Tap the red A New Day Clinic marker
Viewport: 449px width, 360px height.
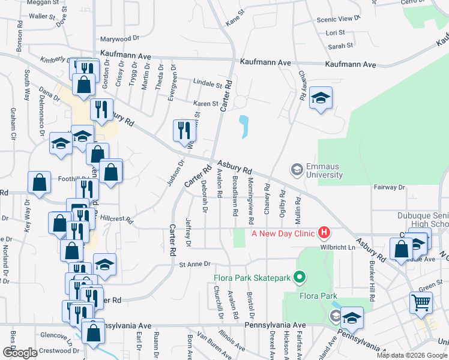pyautogui.click(x=324, y=232)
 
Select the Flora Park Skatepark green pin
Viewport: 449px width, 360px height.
pyautogui.click(x=301, y=277)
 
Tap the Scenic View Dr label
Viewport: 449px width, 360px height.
pyautogui.click(x=338, y=19)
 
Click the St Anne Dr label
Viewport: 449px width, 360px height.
pyautogui.click(x=195, y=264)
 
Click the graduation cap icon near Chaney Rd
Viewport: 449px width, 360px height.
pyautogui.click(x=321, y=98)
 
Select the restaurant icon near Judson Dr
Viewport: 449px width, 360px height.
pyautogui.click(x=184, y=131)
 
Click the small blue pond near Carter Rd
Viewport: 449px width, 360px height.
pyautogui.click(x=244, y=126)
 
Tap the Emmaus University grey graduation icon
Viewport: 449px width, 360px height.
pyautogui.click(x=297, y=170)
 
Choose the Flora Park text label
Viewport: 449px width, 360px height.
pyautogui.click(x=319, y=296)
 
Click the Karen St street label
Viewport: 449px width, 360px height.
pyautogui.click(x=206, y=103)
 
